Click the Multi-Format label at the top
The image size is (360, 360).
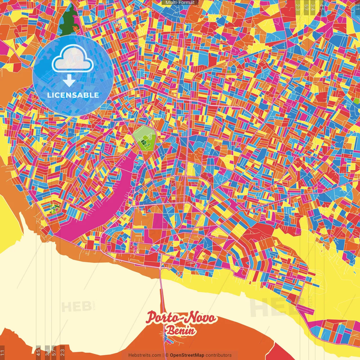coord(180,3)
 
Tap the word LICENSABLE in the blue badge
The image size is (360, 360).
coord(73,95)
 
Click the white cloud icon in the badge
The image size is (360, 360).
coord(73,58)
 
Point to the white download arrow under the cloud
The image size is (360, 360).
coord(69,80)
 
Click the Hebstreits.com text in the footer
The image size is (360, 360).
coord(145,355)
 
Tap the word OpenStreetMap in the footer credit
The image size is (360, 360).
coord(187,355)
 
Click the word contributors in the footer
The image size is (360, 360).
coord(219,355)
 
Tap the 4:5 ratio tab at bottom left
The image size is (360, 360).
coord(38,352)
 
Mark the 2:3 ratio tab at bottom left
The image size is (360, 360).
coord(62,352)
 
